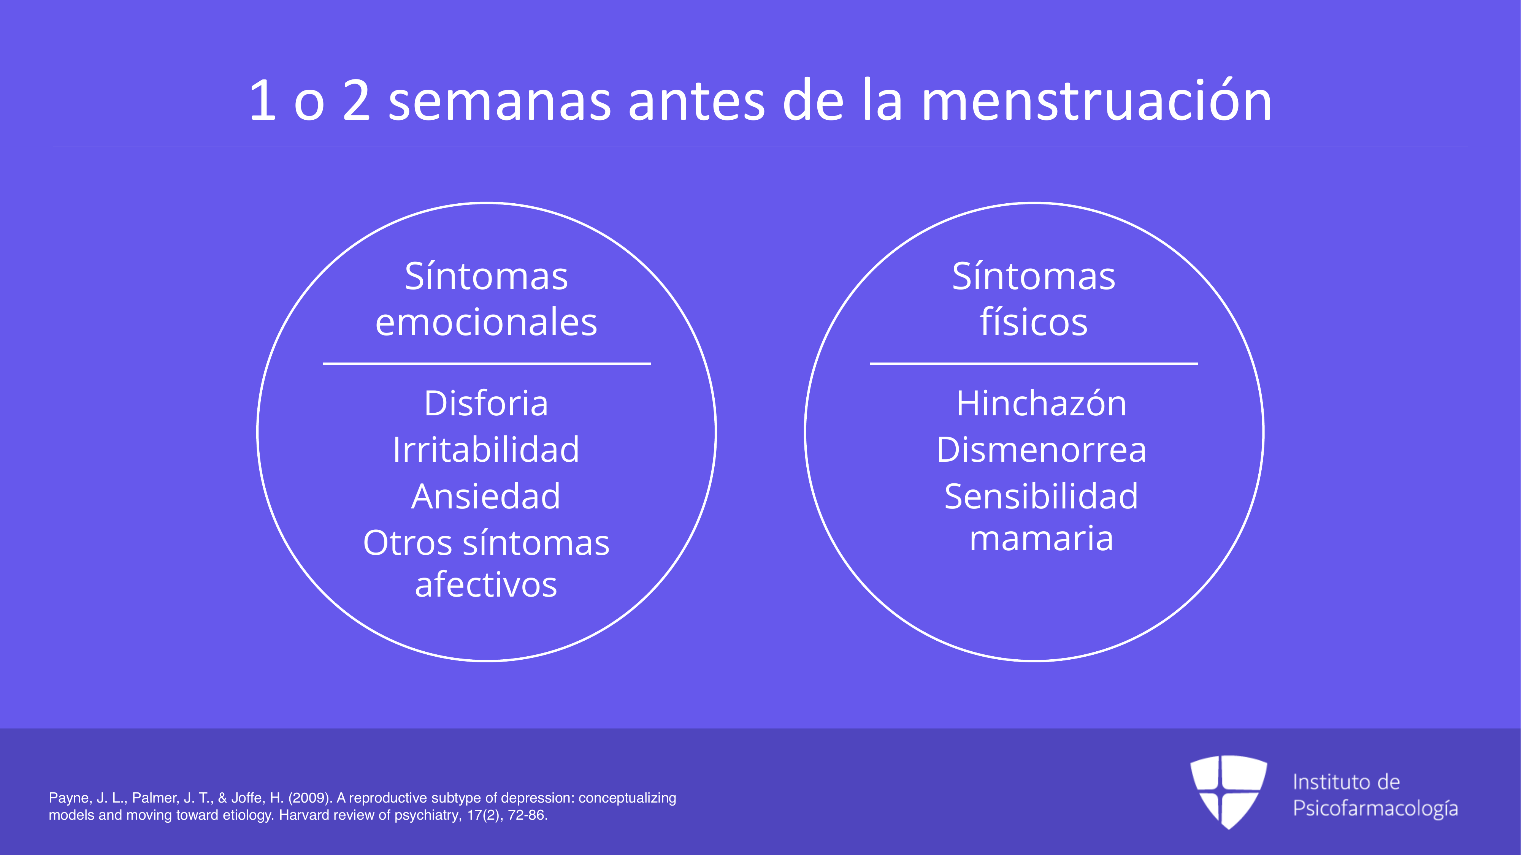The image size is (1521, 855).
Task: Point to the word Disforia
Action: tap(487, 403)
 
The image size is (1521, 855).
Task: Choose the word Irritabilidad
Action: tap(487, 449)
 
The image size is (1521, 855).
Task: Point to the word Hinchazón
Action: tap(1042, 403)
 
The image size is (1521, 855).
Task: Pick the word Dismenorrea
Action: tap(1042, 450)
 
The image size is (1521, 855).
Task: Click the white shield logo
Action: tap(1229, 791)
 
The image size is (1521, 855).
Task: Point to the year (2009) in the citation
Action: tap(311, 798)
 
